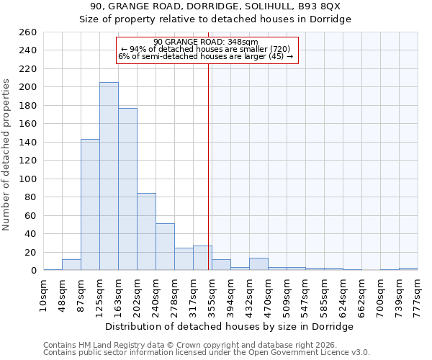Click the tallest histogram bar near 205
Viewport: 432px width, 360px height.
click(x=109, y=176)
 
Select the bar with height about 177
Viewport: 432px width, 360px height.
click(x=127, y=189)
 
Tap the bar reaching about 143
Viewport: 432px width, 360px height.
click(x=90, y=204)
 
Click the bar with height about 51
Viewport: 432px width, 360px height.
click(x=165, y=247)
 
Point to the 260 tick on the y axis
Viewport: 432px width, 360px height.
click(x=28, y=32)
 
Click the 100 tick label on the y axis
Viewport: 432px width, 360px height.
click(x=28, y=179)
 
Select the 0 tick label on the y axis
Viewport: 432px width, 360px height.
click(x=33, y=271)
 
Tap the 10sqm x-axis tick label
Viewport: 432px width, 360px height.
click(x=44, y=294)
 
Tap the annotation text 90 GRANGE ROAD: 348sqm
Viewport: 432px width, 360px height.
click(x=206, y=42)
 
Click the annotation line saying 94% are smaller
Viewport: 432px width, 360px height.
click(x=206, y=49)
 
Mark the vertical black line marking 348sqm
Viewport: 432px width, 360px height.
click(x=209, y=166)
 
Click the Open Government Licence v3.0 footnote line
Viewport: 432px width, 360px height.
click(x=207, y=353)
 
